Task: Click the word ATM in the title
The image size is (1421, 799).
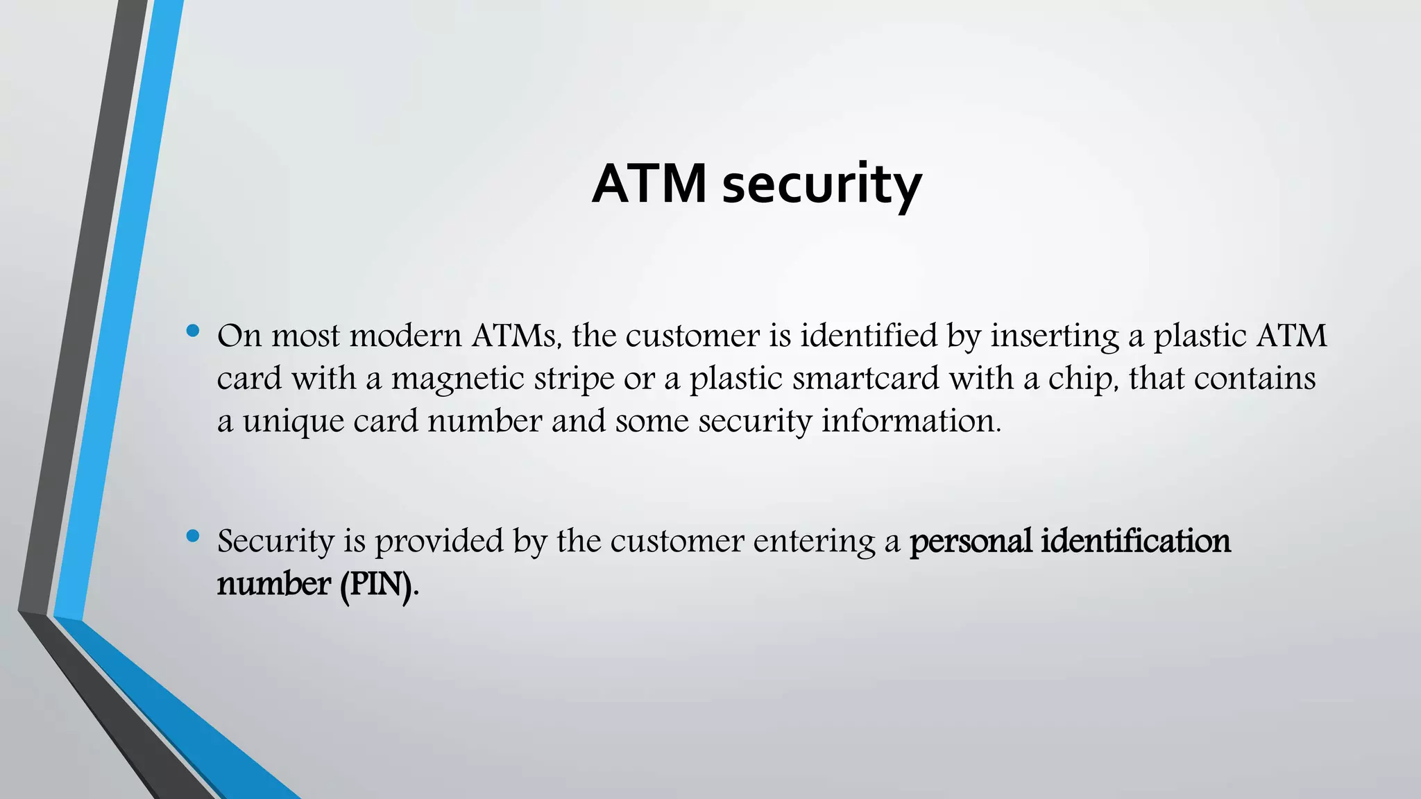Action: coord(649,184)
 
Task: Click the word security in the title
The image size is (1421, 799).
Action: coord(822,186)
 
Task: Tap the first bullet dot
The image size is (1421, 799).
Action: coord(193,331)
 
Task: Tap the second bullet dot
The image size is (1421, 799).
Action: coord(193,535)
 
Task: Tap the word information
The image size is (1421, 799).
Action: coord(911,421)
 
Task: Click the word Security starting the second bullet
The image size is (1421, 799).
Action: coord(275,542)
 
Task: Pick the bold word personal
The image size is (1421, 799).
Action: coord(971,542)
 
